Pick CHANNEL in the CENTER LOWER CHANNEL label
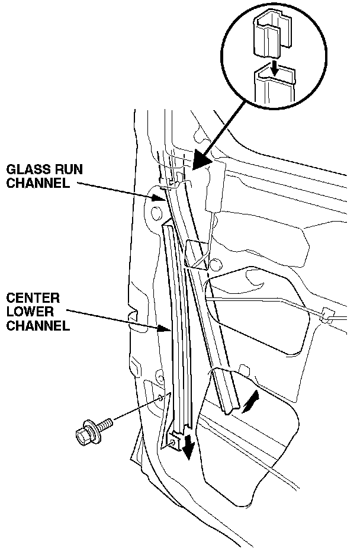pyautogui.click(x=35, y=325)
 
